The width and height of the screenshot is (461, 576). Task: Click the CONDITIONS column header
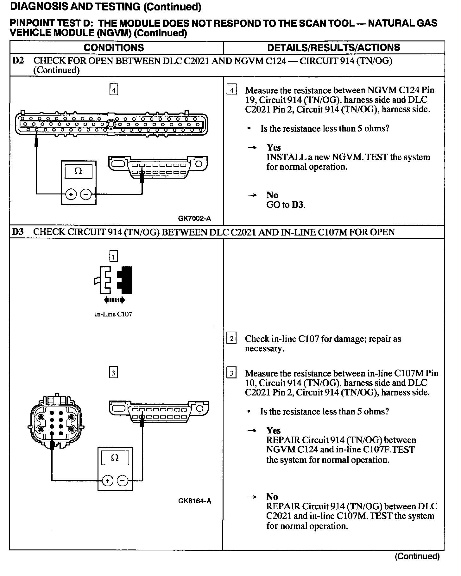tap(114, 48)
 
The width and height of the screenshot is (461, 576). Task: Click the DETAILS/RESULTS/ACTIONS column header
tap(334, 48)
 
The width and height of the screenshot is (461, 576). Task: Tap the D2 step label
tap(18, 60)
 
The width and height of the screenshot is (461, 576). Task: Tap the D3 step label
tap(18, 232)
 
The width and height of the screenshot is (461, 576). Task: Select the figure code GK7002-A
tap(194, 218)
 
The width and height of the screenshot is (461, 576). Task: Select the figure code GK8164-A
tap(194, 501)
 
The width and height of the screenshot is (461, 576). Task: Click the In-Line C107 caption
tap(113, 314)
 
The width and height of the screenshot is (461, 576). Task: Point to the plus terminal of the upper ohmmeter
tap(71, 194)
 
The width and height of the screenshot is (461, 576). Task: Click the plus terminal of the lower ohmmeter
tap(108, 481)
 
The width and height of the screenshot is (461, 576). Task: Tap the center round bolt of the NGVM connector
tap(111, 124)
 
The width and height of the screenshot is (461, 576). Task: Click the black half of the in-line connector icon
tap(125, 280)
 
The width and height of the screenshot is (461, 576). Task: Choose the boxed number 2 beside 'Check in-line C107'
tap(232, 339)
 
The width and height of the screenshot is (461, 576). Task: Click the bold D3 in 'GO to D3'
tap(298, 205)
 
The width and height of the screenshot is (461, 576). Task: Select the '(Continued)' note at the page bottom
tap(417, 556)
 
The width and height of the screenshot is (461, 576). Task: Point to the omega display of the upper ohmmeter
tap(78, 171)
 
